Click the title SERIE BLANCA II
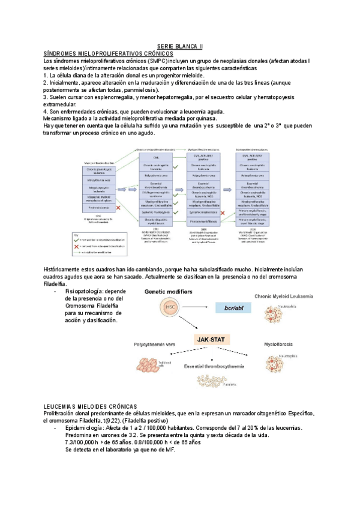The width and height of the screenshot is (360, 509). [180, 46]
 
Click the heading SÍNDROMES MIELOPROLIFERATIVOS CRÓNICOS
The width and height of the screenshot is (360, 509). [104, 53]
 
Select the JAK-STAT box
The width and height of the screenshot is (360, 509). [209, 339]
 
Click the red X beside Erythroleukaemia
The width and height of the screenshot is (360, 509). [118, 207]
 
